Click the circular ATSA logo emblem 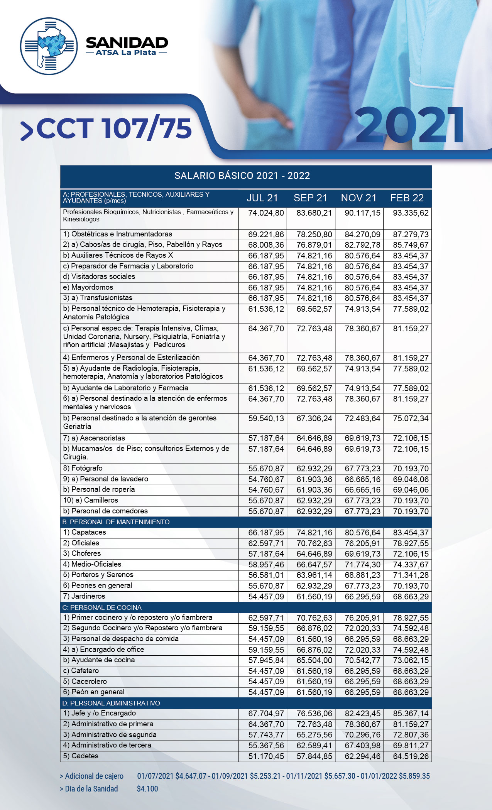pyautogui.click(x=49, y=46)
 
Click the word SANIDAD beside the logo pyautogui.click(x=127, y=42)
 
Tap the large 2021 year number pyautogui.click(x=410, y=126)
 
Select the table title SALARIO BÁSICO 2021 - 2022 pyautogui.click(x=242, y=176)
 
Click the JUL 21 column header pyautogui.click(x=262, y=198)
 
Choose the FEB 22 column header pyautogui.click(x=407, y=198)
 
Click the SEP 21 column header pyautogui.click(x=310, y=198)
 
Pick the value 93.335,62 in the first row pyautogui.click(x=411, y=213)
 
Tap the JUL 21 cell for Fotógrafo pyautogui.click(x=266, y=469)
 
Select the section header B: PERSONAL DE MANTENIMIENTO pyautogui.click(x=116, y=522)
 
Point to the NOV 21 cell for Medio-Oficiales pyautogui.click(x=362, y=565)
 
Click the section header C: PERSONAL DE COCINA pyautogui.click(x=102, y=607)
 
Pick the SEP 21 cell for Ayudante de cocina pyautogui.click(x=314, y=660)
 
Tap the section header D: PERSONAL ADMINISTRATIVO pyautogui.click(x=111, y=703)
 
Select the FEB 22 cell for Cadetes pyautogui.click(x=411, y=756)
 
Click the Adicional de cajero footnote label pyautogui.click(x=92, y=776)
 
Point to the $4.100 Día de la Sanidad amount pyautogui.click(x=147, y=789)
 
